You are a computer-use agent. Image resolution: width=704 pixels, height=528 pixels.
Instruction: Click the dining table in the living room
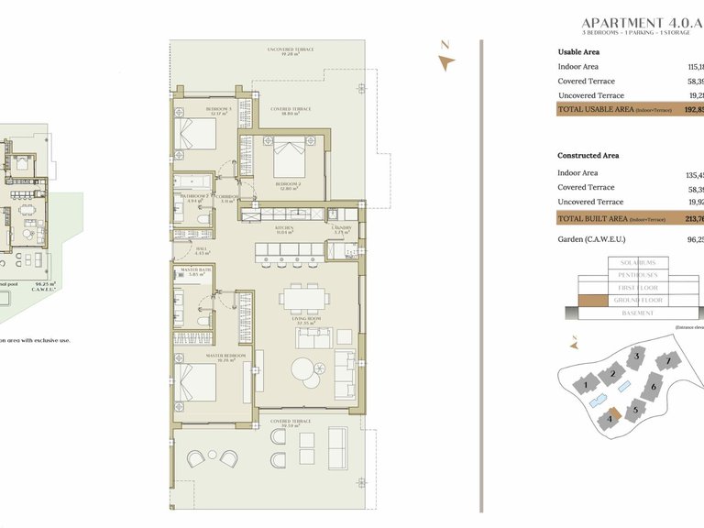(x=302, y=298)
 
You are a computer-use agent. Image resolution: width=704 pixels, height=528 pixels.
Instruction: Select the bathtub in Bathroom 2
(x=192, y=181)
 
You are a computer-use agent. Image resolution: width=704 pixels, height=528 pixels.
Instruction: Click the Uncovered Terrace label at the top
(x=291, y=49)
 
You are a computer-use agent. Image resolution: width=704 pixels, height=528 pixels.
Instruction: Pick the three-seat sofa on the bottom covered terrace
(x=336, y=449)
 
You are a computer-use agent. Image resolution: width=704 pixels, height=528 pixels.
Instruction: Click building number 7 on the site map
(x=669, y=361)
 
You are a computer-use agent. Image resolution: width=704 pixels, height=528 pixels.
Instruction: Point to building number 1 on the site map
(x=584, y=386)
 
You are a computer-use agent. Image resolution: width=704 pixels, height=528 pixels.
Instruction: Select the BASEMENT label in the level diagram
(x=638, y=313)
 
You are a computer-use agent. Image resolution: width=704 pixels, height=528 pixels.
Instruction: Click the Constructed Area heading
(x=588, y=156)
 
